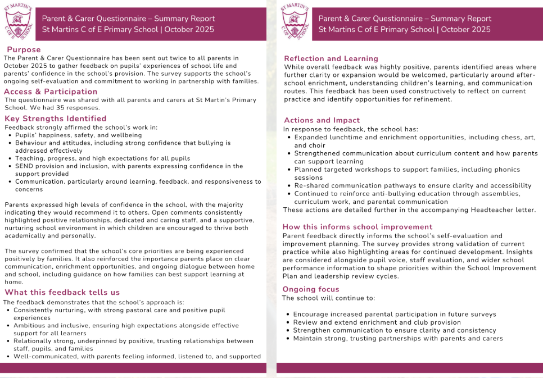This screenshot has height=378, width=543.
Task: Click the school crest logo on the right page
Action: pos(295,22)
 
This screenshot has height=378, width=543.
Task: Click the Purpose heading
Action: pos(24,50)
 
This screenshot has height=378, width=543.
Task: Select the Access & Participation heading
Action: pos(51,92)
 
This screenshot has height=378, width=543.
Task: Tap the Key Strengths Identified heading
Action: pos(55,119)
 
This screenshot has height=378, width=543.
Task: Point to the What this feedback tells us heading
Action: pos(62,292)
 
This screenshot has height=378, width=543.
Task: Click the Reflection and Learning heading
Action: pos(331,58)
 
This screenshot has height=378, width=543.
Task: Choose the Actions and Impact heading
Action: pos(322,120)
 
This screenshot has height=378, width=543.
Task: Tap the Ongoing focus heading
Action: pos(310,289)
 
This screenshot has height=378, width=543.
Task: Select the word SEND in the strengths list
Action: pos(24,166)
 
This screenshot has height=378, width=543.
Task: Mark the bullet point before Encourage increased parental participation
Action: pos(287,315)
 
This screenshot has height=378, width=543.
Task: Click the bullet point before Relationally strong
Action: pos(8,341)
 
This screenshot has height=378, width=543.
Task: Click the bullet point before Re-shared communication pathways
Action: pos(288,185)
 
